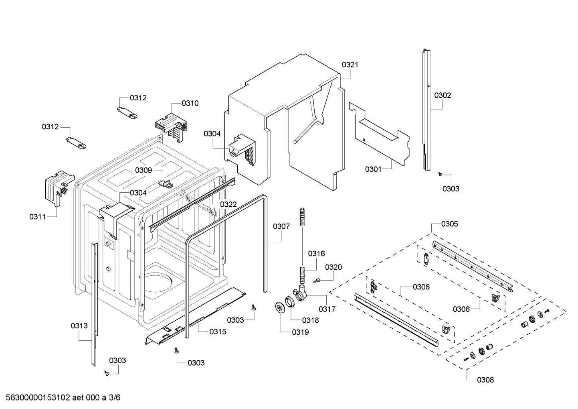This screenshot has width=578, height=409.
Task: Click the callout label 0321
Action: pos(350,65)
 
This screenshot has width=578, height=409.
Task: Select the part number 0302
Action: pos(443,95)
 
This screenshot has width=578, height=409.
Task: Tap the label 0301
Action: pos(373,169)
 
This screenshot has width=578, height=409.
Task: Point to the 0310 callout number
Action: pos(190,103)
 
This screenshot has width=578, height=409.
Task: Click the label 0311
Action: pos(37,217)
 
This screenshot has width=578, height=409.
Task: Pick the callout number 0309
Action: pos(143,170)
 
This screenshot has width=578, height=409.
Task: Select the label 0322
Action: pos(228,204)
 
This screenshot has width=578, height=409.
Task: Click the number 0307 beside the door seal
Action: pos(281,226)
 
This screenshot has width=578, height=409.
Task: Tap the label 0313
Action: pos(79,326)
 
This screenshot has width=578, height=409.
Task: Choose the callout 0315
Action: pos(218,332)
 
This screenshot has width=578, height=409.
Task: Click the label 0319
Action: pos(300,332)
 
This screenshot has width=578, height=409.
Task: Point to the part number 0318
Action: pos(311,320)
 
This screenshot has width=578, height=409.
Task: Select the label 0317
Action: pos(327,309)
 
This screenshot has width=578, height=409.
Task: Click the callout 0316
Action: pos(316,253)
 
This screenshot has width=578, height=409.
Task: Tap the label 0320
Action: pos(333,267)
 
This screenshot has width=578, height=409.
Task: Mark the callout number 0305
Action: pos(449,224)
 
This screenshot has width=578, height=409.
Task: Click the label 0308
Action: pos(485,380)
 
